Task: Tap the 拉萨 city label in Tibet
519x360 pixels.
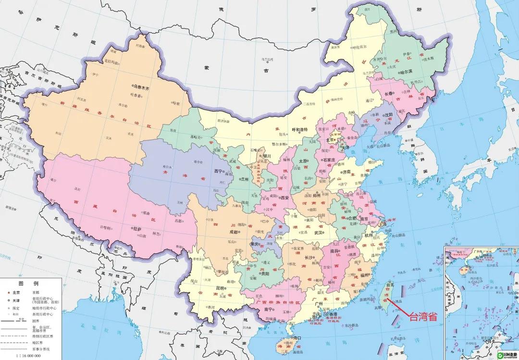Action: point(137,229)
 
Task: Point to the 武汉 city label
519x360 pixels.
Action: point(318,232)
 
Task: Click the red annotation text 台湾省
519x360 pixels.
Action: point(423,316)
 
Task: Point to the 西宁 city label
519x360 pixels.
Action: point(219,171)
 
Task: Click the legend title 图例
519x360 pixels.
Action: point(25,283)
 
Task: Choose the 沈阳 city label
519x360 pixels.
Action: point(388,115)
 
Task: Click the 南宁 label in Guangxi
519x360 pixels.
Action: point(255,309)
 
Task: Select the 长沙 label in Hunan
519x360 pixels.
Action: point(309,258)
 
